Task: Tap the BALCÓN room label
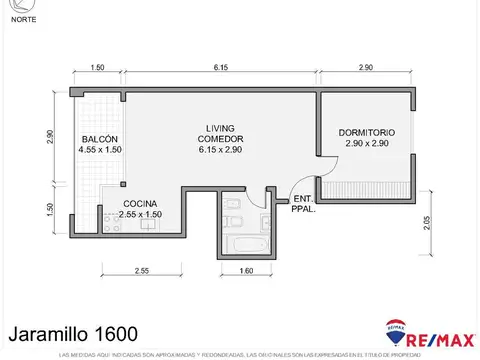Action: point(100,138)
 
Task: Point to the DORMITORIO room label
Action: point(366,132)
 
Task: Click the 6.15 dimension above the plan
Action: point(220,67)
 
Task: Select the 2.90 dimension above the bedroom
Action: point(365,67)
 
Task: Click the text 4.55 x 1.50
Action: point(100,149)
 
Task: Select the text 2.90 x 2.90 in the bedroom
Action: point(366,144)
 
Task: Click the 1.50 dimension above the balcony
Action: point(97,67)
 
